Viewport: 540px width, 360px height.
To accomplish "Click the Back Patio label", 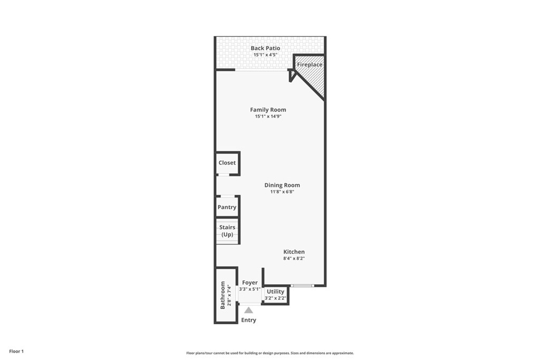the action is tap(265, 48).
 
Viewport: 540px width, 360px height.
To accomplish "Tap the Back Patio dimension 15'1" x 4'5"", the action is tap(265, 55).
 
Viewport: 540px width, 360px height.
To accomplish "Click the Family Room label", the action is tap(268, 110).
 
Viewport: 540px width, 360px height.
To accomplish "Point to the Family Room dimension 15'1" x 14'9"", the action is tap(268, 116).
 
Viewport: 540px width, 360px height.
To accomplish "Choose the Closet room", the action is tap(227, 163).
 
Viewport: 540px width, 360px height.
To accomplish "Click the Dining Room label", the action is tap(282, 185).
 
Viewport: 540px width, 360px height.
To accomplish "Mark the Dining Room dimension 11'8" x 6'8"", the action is tap(282, 192).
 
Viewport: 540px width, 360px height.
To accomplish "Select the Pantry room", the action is tap(227, 207).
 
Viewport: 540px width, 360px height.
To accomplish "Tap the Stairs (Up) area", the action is tap(227, 231).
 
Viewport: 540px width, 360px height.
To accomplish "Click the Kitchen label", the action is tap(294, 252).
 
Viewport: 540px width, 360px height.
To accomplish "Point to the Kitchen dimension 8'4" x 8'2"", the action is tap(294, 258).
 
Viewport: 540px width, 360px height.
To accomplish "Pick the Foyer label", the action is tap(249, 283).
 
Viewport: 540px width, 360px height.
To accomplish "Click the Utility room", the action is tap(275, 295).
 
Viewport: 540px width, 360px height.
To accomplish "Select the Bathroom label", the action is tap(223, 295).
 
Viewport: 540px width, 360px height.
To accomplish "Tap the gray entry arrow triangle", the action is tap(249, 310).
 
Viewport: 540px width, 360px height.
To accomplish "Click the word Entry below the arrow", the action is tap(249, 320).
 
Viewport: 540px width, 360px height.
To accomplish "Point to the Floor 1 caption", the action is tap(16, 352).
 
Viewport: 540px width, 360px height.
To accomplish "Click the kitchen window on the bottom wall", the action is tap(302, 286).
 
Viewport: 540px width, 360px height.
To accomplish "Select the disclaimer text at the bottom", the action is tap(270, 353).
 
